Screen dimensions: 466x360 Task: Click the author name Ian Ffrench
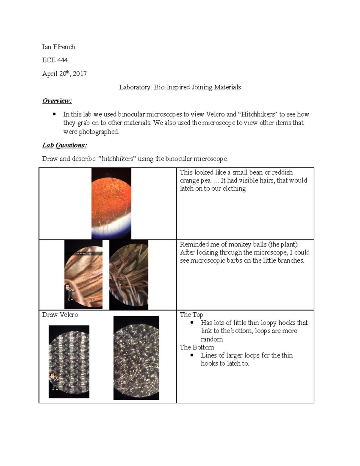click(58, 47)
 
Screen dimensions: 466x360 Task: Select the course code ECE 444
click(55, 60)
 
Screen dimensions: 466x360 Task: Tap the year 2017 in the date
click(80, 74)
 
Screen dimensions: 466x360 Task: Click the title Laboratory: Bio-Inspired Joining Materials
click(180, 87)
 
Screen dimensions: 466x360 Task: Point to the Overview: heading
click(57, 101)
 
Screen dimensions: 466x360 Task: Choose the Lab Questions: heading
click(64, 145)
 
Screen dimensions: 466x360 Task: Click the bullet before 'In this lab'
click(54, 114)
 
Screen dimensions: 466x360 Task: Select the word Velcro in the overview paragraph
click(215, 114)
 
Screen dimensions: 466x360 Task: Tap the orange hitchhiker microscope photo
click(111, 203)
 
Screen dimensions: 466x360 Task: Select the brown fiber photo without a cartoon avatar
click(129, 275)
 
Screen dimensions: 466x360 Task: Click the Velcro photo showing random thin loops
click(136, 358)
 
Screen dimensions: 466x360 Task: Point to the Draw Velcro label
click(60, 315)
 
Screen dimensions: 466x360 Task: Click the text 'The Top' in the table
click(191, 315)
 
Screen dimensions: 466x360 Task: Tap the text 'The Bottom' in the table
click(197, 347)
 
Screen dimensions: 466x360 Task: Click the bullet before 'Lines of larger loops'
click(192, 355)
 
